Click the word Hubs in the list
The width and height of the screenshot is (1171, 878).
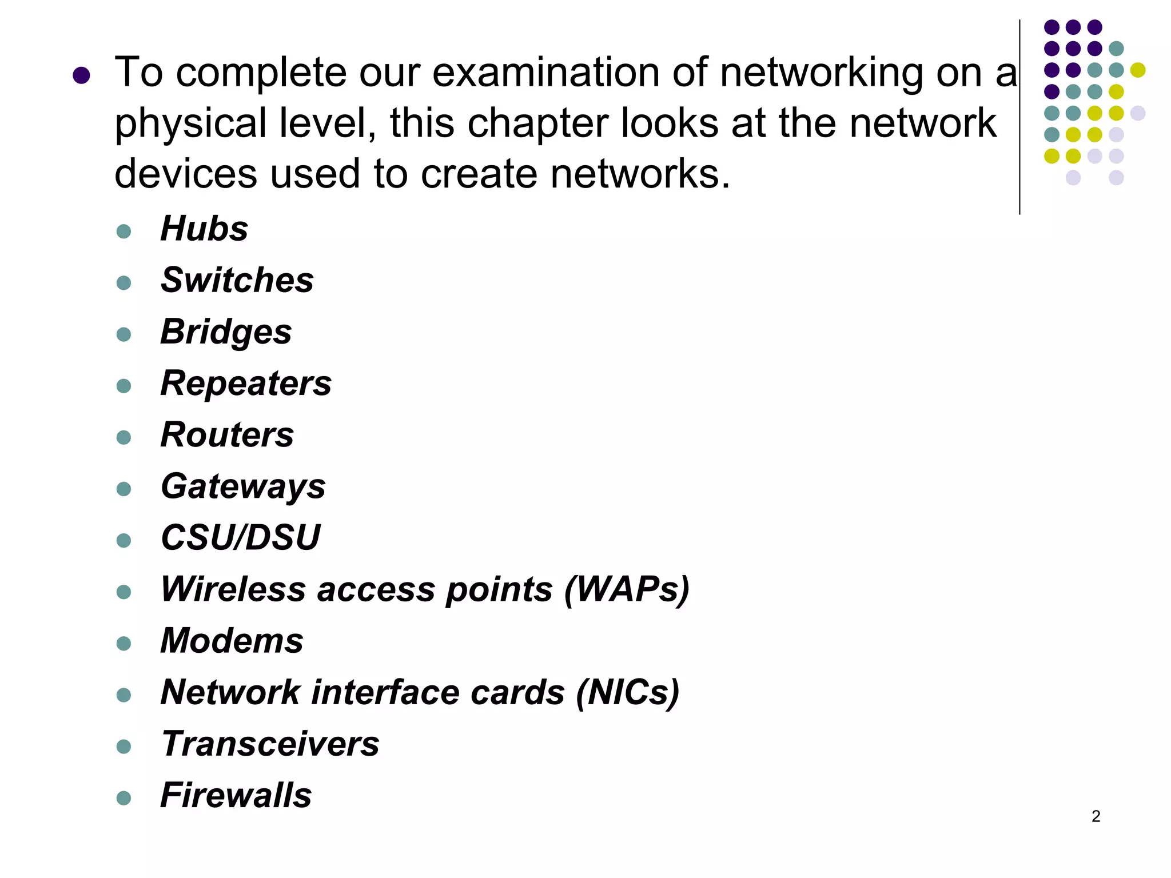tap(204, 229)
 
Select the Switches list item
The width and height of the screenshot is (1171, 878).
tap(237, 281)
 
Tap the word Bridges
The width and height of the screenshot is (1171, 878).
tap(226, 332)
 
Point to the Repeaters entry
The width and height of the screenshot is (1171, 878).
tap(246, 384)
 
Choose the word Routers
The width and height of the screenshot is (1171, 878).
tap(227, 435)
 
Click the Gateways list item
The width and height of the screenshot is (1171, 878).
tap(243, 487)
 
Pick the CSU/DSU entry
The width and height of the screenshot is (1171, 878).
tap(241, 538)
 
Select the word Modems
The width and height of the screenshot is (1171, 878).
tap(232, 641)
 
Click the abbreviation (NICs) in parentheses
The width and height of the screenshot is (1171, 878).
tap(627, 693)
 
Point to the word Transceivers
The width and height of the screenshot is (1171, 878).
tap(270, 744)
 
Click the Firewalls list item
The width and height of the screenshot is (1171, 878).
tap(236, 796)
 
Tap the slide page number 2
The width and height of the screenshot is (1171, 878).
tap(1096, 816)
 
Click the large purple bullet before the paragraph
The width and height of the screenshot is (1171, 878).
tap(82, 75)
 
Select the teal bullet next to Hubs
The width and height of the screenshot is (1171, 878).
tap(124, 232)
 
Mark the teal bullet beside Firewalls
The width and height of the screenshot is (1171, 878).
tap(124, 798)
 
